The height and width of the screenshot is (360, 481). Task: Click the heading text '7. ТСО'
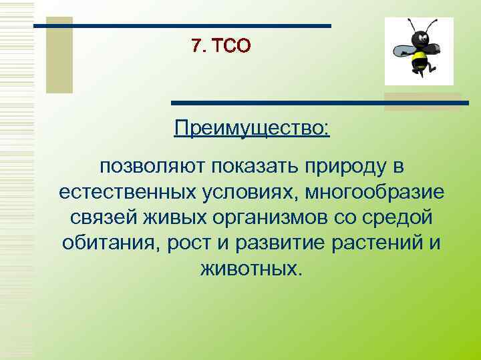pyautogui.click(x=220, y=45)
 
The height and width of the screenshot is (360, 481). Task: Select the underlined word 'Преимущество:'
pyautogui.click(x=251, y=126)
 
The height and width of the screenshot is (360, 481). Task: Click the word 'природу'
pyautogui.click(x=345, y=166)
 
